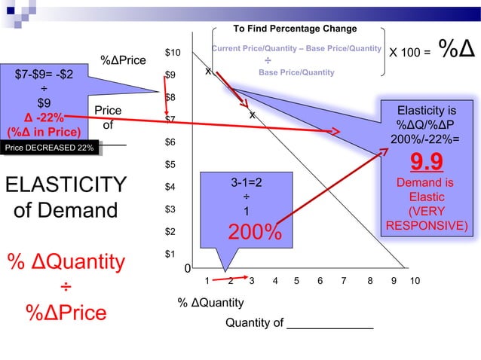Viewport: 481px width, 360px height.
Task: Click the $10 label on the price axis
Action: pyautogui.click(x=173, y=52)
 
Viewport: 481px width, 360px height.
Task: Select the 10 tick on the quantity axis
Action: pyautogui.click(x=415, y=281)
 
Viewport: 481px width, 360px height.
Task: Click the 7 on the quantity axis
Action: pyautogui.click(x=344, y=281)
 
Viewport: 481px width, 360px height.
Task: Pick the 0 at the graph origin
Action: pyautogui.click(x=188, y=269)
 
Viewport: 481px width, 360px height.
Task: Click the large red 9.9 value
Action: pyautogui.click(x=426, y=163)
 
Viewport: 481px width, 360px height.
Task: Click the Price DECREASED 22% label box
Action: pyautogui.click(x=49, y=148)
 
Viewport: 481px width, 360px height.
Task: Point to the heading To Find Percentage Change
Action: pyautogui.click(x=295, y=29)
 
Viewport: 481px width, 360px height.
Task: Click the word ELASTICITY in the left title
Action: pyautogui.click(x=65, y=185)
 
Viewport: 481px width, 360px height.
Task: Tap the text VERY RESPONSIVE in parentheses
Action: pyautogui.click(x=426, y=218)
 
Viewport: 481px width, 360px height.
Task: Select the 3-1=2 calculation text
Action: pyautogui.click(x=246, y=182)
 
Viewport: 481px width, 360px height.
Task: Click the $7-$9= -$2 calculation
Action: pyautogui.click(x=44, y=75)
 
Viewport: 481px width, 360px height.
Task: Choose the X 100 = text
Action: pyautogui.click(x=409, y=53)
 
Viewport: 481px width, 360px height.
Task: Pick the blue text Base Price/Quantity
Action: pyautogui.click(x=296, y=73)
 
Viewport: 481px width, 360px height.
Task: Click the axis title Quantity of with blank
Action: pyautogui.click(x=299, y=323)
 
